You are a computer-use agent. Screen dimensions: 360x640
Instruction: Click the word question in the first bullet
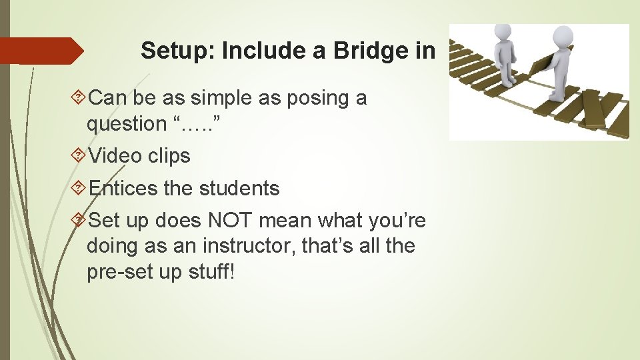coord(126,124)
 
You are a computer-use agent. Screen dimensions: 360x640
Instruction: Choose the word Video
coord(117,156)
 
